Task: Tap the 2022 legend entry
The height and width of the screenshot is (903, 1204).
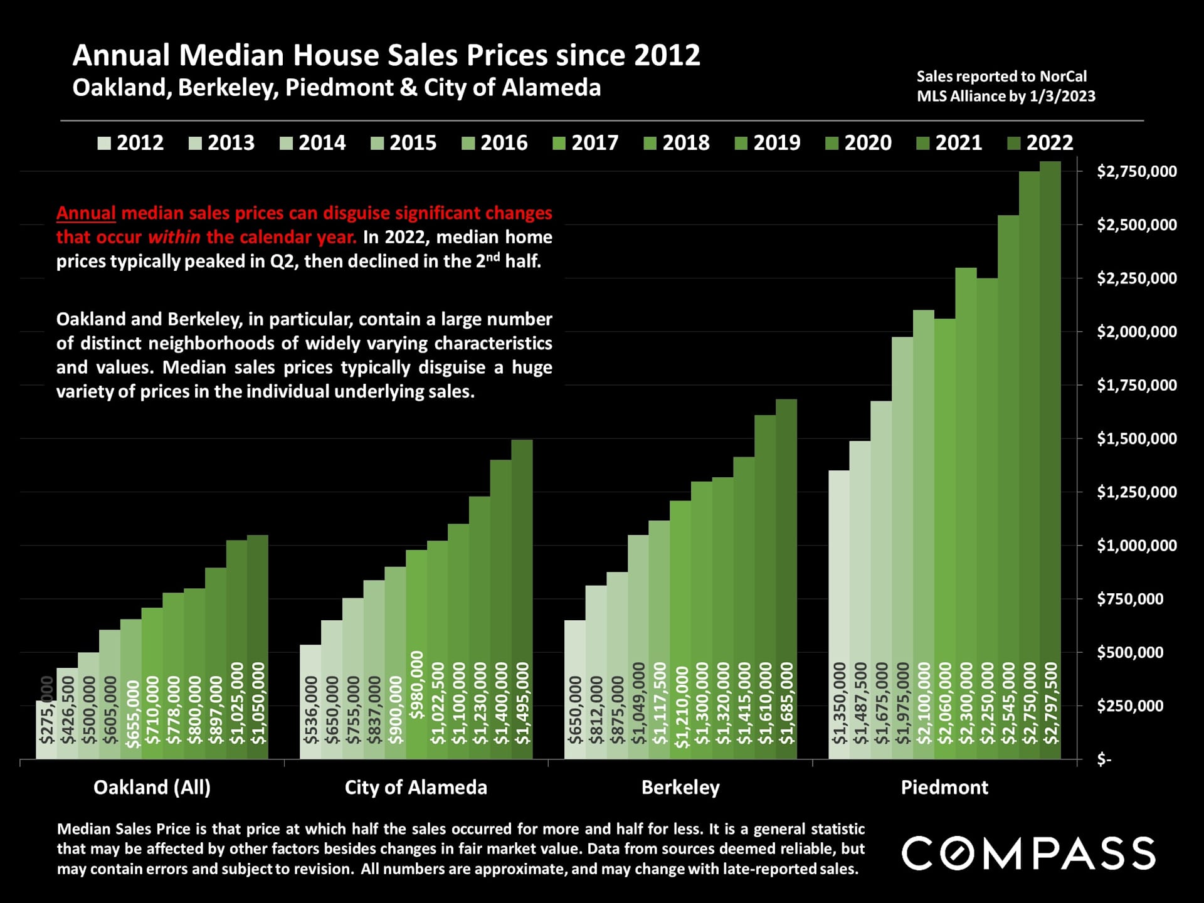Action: pyautogui.click(x=1040, y=143)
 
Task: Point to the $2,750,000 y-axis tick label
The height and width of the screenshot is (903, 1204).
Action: pyautogui.click(x=1136, y=171)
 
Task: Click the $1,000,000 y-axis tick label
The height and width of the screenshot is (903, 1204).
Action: pyautogui.click(x=1136, y=546)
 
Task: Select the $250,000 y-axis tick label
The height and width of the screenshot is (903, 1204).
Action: pyautogui.click(x=1136, y=706)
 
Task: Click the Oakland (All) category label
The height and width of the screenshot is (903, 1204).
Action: pyautogui.click(x=152, y=788)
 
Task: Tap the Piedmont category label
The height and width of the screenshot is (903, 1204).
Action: pyautogui.click(x=944, y=788)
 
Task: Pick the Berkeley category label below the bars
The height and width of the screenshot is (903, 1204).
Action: pyautogui.click(x=680, y=788)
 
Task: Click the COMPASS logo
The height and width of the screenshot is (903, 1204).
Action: pyautogui.click(x=1028, y=853)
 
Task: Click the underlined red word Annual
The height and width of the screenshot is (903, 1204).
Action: pyautogui.click(x=86, y=213)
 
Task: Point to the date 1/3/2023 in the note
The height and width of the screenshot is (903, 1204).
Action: pyautogui.click(x=1062, y=97)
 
